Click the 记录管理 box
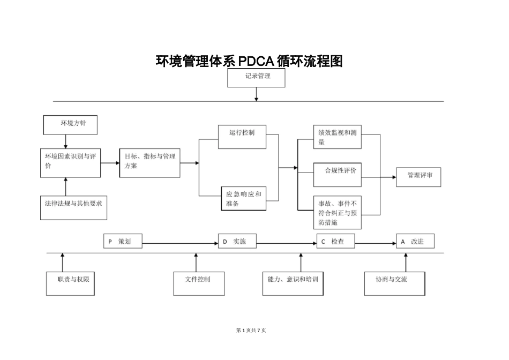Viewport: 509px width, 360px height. pyautogui.click(x=256, y=78)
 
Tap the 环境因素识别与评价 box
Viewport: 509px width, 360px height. pyautogui.click(x=70, y=162)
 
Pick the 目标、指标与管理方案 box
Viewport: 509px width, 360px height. pyautogui.click(x=149, y=162)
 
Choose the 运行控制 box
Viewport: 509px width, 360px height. pyautogui.click(x=242, y=137)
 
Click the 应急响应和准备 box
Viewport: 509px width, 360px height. pyautogui.click(x=243, y=198)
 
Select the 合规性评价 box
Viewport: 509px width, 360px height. pyautogui.click(x=337, y=175)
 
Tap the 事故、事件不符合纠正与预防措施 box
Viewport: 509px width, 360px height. pyautogui.click(x=337, y=212)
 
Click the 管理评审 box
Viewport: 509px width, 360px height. pyautogui.click(x=418, y=177)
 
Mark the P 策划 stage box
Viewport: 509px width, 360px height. pyautogui.click(x=123, y=242)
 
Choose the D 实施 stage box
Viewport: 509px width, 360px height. pyautogui.click(x=237, y=242)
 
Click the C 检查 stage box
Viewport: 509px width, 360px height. pyautogui.click(x=336, y=242)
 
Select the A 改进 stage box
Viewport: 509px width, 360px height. pyautogui.click(x=415, y=242)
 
